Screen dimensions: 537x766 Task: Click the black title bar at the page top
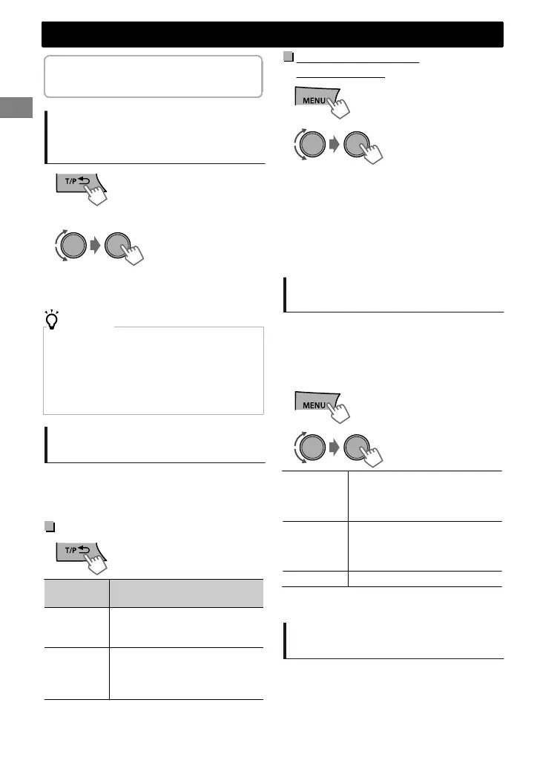[x=272, y=35]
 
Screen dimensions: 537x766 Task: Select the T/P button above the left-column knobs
[x=78, y=185]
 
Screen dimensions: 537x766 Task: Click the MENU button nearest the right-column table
[x=317, y=403]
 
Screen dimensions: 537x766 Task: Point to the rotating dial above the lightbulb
[x=72, y=246]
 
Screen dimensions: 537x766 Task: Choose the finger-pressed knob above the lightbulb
[x=121, y=246]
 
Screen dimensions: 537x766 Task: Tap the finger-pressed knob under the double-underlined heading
[x=358, y=145]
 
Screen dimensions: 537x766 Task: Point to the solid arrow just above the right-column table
[x=335, y=448]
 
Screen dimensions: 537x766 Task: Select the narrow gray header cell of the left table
[x=77, y=592]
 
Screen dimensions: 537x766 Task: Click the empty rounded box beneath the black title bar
[x=153, y=76]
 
